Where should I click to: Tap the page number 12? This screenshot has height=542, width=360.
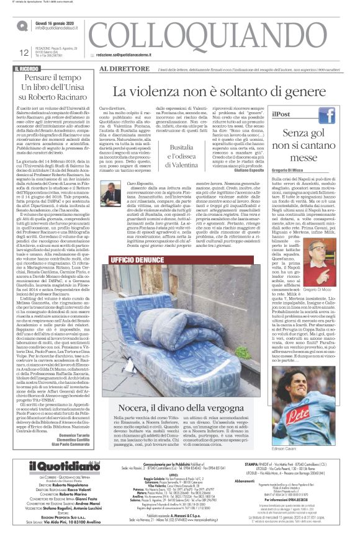24,53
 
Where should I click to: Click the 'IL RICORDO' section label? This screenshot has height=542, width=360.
29,68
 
